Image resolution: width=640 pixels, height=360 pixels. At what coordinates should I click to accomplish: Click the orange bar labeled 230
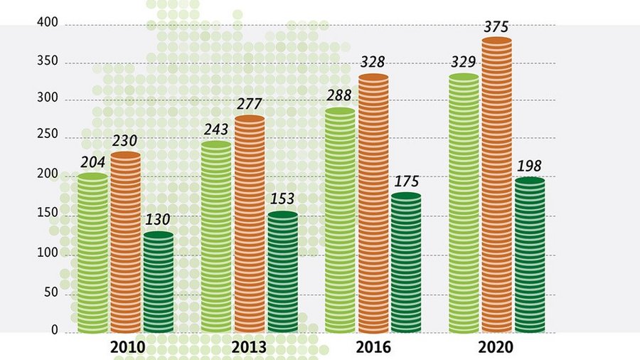[125, 242]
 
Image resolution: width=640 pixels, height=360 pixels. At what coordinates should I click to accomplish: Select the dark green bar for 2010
[158, 282]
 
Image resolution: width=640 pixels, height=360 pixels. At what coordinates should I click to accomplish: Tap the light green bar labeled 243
[216, 237]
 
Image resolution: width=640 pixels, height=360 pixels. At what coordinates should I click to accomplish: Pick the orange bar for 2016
[373, 203]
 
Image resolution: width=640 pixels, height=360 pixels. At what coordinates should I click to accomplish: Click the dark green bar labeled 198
[530, 255]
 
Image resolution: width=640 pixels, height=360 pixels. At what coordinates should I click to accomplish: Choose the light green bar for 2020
[464, 203]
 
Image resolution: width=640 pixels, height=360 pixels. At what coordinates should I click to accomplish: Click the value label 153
[282, 199]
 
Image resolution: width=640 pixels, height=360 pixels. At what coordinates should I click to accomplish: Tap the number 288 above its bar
[339, 95]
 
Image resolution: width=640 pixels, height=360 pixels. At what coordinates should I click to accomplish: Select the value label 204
[93, 162]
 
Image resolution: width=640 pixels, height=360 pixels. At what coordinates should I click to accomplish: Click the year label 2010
[128, 348]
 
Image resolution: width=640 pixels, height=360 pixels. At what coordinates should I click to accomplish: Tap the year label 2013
[249, 348]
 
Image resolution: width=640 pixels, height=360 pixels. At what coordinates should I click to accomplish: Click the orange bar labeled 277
[249, 224]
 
